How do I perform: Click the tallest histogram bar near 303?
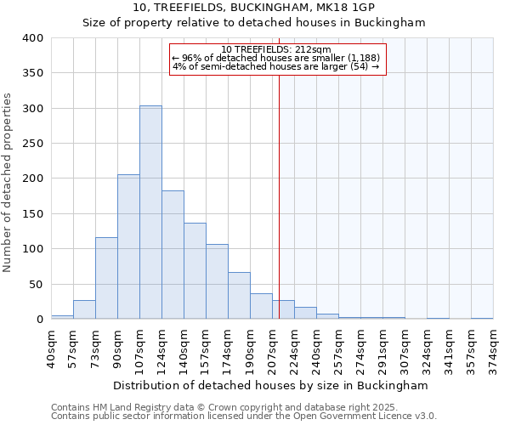click(x=150, y=212)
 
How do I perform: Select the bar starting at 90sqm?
click(x=128, y=246)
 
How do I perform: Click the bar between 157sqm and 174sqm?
click(x=217, y=281)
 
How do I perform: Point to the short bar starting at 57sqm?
click(x=84, y=309)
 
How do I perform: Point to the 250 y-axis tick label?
click(x=32, y=144)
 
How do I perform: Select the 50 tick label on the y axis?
click(x=36, y=284)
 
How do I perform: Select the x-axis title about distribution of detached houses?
click(x=270, y=385)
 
